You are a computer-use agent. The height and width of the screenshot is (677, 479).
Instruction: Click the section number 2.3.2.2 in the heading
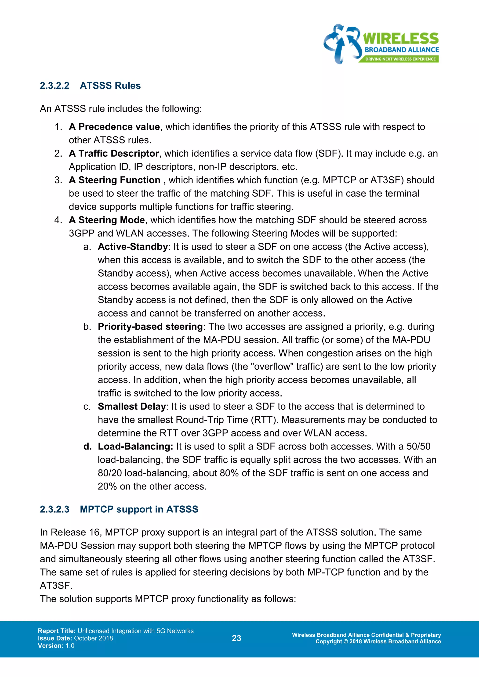(54, 86)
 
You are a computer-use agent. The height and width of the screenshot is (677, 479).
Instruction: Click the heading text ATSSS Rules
(110, 86)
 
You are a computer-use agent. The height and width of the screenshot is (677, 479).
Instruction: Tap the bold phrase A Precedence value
(114, 127)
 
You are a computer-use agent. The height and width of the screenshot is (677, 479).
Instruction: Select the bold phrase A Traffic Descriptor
(114, 154)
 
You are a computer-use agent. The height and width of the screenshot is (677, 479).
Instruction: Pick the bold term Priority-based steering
(150, 327)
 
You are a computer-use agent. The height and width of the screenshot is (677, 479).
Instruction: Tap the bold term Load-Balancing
(135, 447)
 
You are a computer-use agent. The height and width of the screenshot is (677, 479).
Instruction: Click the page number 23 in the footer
(236, 638)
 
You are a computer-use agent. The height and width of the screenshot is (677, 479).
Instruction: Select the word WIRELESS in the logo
(401, 39)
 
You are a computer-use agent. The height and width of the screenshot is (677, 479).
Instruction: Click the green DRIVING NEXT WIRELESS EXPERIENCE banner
(400, 59)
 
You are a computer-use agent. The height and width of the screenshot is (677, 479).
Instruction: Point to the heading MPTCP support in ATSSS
(139, 509)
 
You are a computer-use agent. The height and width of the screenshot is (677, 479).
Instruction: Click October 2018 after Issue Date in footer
(94, 638)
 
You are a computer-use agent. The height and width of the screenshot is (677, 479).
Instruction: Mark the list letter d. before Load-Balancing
(87, 447)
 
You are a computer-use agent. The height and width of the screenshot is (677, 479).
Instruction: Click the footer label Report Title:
(57, 631)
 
